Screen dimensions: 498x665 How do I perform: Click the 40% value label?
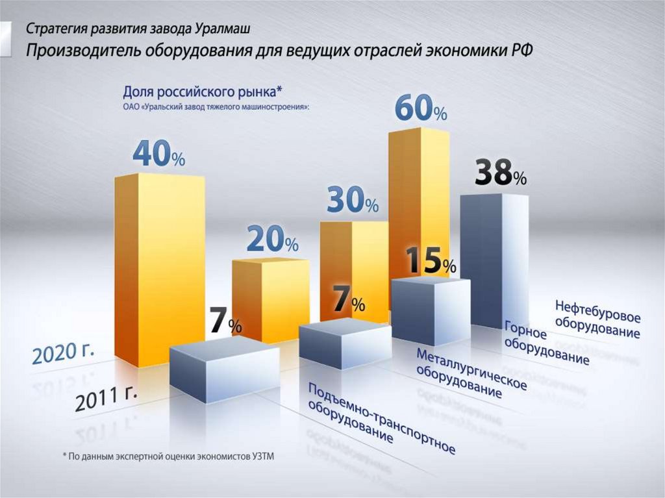159,154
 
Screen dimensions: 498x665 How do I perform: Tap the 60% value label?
421,108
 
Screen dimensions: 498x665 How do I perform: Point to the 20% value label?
272,241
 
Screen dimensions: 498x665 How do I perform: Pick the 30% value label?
352,203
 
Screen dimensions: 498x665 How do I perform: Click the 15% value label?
431,260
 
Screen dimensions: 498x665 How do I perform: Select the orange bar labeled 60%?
419,195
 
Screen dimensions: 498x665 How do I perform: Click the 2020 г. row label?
63,353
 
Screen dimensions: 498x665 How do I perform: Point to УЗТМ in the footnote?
262,456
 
